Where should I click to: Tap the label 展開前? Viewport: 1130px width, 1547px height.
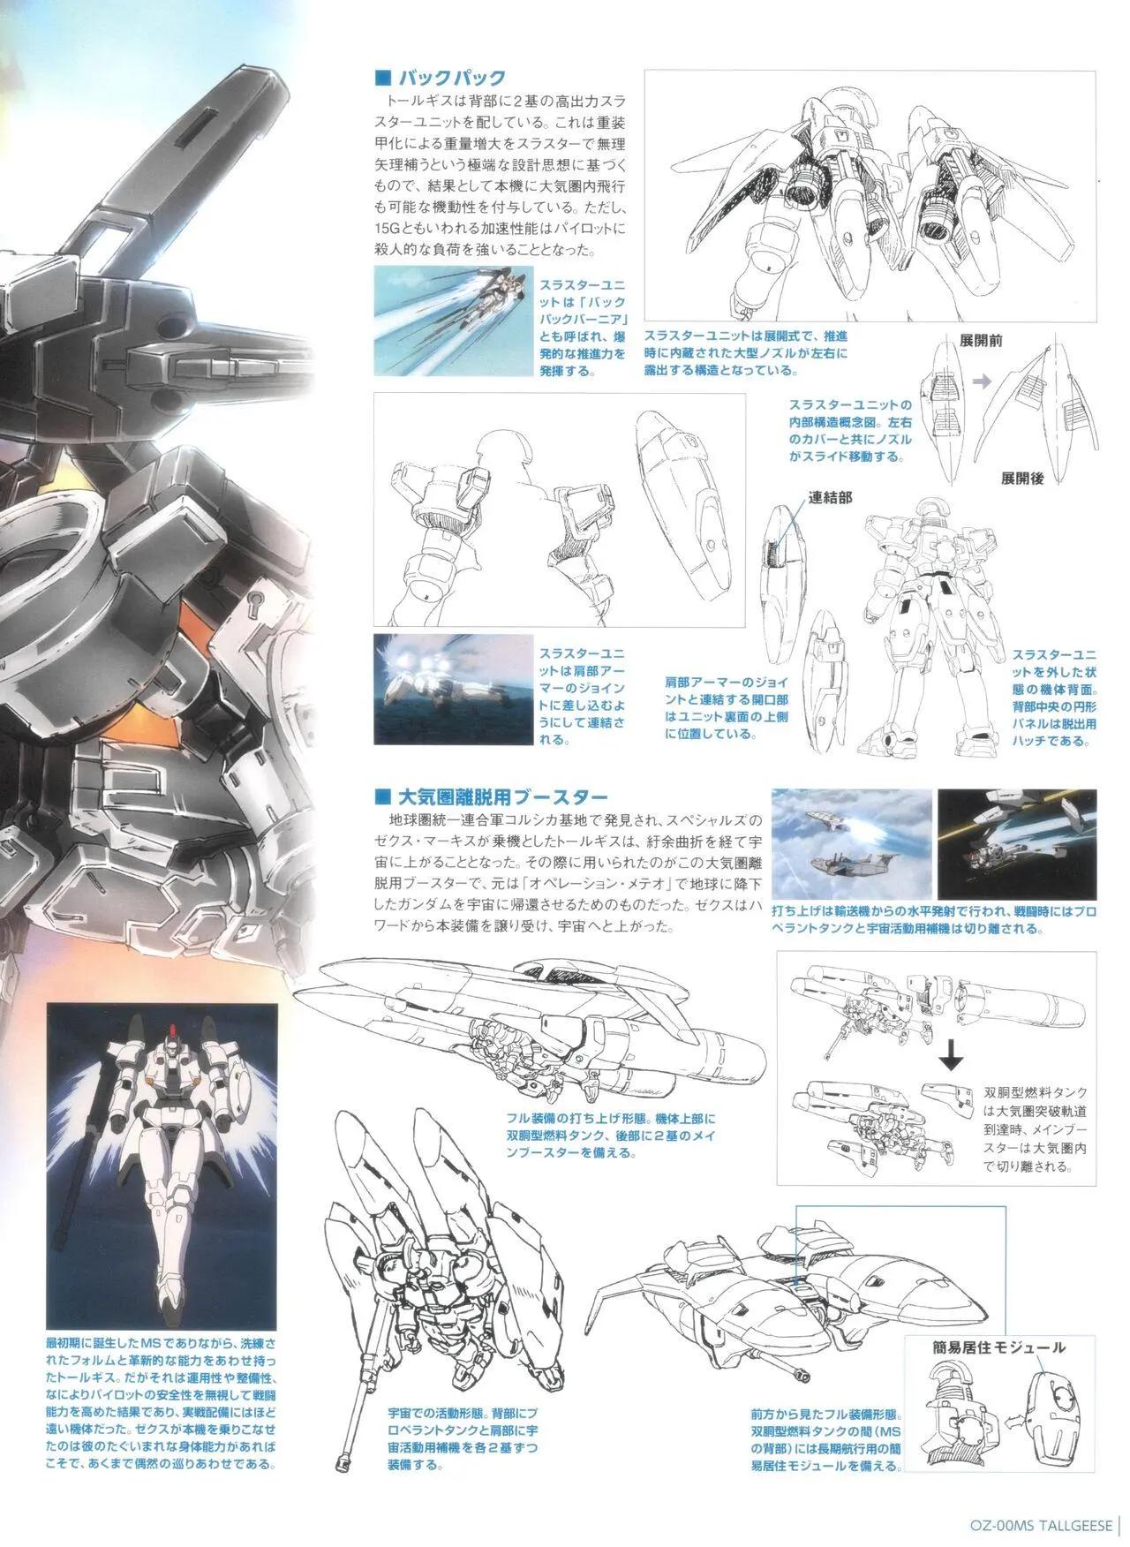pyautogui.click(x=981, y=339)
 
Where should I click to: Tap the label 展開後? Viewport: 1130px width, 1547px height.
pyautogui.click(x=1023, y=479)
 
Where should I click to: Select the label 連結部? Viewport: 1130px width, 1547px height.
pyautogui.click(x=831, y=497)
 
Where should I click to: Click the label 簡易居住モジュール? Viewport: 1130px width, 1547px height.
pyautogui.click(x=998, y=1347)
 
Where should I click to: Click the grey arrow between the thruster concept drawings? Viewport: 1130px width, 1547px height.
pyautogui.click(x=977, y=381)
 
